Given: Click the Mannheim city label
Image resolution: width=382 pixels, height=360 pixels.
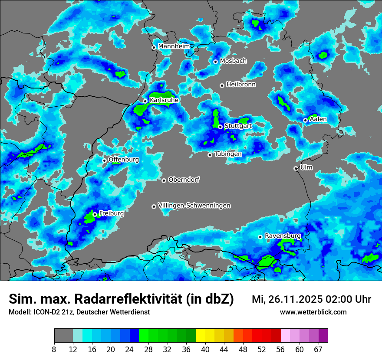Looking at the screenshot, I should click(x=174, y=46).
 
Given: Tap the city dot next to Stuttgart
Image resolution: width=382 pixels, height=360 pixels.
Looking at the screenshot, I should click(x=221, y=127).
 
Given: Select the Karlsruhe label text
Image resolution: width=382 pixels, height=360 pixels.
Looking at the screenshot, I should click(x=164, y=100).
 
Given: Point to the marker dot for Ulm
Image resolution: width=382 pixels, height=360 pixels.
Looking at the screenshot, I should click(x=296, y=168).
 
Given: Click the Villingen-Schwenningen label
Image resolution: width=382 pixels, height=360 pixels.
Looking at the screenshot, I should click(x=194, y=206).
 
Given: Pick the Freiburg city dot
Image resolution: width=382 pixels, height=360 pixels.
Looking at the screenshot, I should click(x=95, y=214).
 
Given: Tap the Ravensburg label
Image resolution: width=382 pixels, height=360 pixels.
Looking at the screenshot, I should click(x=283, y=236).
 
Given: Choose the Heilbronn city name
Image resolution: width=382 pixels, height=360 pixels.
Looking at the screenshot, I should click(x=241, y=85).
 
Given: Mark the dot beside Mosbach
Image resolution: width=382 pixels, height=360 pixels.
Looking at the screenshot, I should click(x=215, y=62).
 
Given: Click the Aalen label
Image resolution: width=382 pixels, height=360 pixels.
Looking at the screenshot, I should click(x=318, y=119).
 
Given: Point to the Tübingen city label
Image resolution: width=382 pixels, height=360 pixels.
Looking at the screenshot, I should click(x=228, y=154).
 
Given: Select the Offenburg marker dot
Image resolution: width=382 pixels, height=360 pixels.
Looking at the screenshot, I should click(x=104, y=160).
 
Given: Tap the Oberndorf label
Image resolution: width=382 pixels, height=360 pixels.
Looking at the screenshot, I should click(x=184, y=180).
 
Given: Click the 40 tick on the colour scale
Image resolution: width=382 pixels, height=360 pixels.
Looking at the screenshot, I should click(x=205, y=349).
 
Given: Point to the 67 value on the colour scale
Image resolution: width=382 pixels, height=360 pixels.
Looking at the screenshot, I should click(x=318, y=349).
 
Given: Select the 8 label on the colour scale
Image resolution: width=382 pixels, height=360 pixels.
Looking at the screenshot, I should click(x=54, y=349).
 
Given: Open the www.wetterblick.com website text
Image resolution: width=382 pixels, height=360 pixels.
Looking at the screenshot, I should click(x=313, y=312).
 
